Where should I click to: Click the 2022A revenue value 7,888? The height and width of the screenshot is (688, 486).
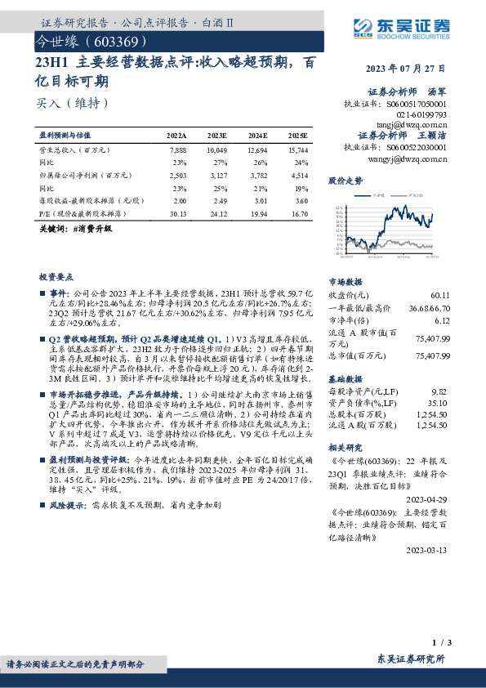click(178, 151)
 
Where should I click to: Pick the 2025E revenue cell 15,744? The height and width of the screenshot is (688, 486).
click(297, 151)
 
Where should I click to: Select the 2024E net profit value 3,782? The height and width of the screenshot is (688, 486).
click(257, 175)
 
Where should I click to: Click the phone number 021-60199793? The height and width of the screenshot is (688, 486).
click(421, 114)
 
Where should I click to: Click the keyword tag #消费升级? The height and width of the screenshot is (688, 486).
click(93, 229)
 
